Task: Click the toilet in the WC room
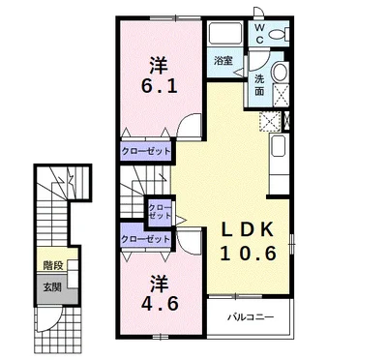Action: pyautogui.click(x=280, y=34)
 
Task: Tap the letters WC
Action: pyautogui.click(x=260, y=34)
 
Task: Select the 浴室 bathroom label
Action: pyautogui.click(x=223, y=60)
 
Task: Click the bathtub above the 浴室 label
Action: pyautogui.click(x=225, y=33)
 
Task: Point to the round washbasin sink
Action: pyautogui.click(x=280, y=72)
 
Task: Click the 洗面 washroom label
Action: pyautogui.click(x=259, y=85)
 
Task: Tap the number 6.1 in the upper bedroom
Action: pyautogui.click(x=159, y=86)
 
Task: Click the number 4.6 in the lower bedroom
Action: pyautogui.click(x=160, y=304)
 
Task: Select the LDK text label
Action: pyautogui.click(x=247, y=230)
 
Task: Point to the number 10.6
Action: pyautogui.click(x=249, y=254)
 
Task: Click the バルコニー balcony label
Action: pyautogui.click(x=251, y=317)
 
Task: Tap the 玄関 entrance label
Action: pyautogui.click(x=52, y=287)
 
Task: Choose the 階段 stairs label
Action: pyautogui.click(x=53, y=266)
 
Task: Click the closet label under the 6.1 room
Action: pyautogui.click(x=145, y=151)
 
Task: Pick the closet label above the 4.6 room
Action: pyautogui.click(x=145, y=239)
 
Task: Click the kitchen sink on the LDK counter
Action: pyautogui.click(x=278, y=146)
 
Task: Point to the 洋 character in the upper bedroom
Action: pyautogui.click(x=159, y=66)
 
